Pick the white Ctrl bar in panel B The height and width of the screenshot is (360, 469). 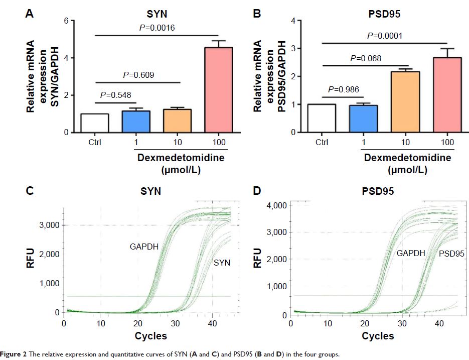click(x=322, y=118)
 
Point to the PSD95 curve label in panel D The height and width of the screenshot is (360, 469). click(x=451, y=254)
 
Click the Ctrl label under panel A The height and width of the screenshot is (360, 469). click(x=94, y=143)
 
